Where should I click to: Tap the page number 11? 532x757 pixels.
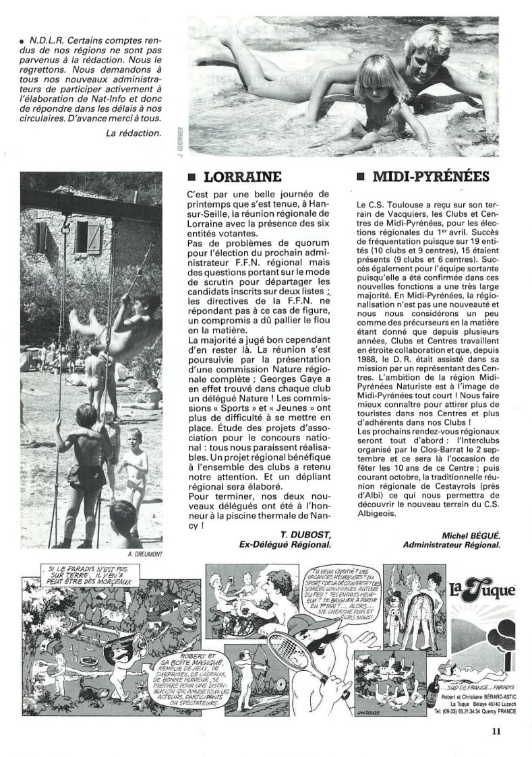tap(496, 727)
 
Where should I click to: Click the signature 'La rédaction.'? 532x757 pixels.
tap(134, 131)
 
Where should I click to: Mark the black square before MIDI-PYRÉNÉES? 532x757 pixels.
tap(360, 178)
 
